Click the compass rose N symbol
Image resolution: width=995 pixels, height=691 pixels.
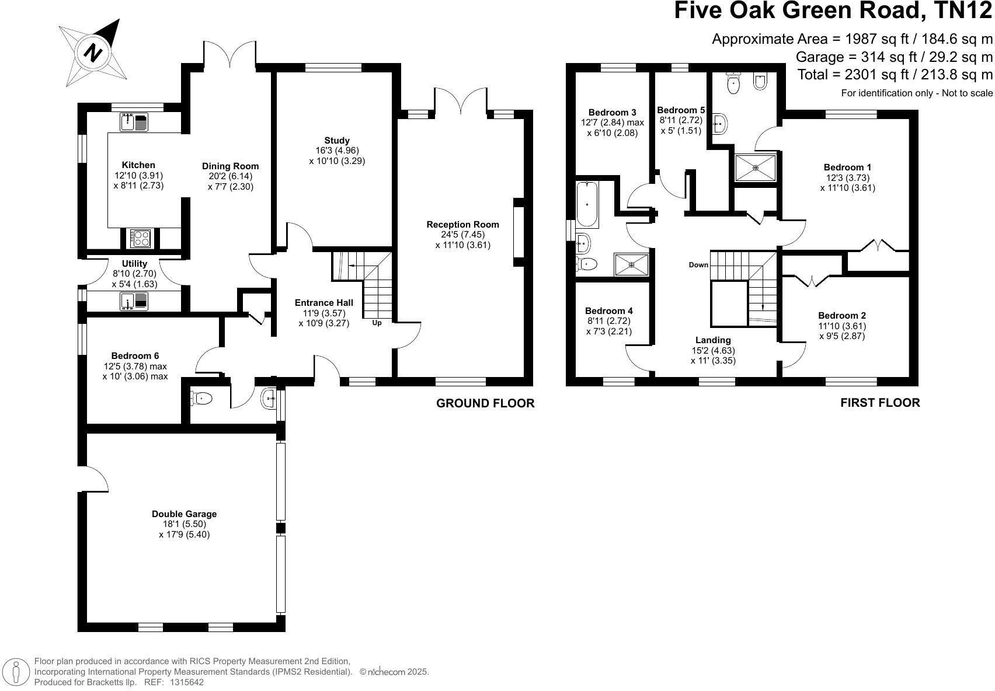(93, 54)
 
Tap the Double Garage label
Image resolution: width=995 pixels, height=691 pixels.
(184, 514)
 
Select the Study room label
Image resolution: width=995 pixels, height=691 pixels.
(337, 140)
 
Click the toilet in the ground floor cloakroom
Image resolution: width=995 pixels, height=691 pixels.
(201, 399)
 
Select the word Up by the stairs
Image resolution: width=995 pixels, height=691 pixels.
(377, 323)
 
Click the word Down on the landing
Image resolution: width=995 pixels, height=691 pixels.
(698, 265)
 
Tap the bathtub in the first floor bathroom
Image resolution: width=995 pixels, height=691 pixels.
(587, 204)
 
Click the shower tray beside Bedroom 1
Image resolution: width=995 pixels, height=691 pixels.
(756, 167)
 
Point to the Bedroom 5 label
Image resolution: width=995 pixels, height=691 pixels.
(681, 110)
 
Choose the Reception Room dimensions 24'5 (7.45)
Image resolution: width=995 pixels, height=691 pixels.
(462, 235)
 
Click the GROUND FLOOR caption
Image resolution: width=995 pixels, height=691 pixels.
(485, 403)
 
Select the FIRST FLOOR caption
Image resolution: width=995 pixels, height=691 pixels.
(879, 403)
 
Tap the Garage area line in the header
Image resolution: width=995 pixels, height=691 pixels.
(893, 57)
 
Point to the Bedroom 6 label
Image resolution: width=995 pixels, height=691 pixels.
(135, 356)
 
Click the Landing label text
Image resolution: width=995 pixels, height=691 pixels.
(713, 340)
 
